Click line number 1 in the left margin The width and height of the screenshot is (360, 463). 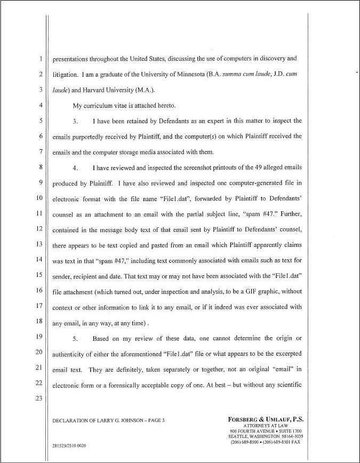[x=41, y=59]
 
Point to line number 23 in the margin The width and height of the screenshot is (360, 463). [x=39, y=398]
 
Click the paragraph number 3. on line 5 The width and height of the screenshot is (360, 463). [x=76, y=121]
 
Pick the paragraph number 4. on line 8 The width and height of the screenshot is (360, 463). [x=76, y=168]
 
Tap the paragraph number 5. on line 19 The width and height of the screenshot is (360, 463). [x=76, y=339]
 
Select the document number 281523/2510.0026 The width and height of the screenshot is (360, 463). [x=69, y=445]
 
